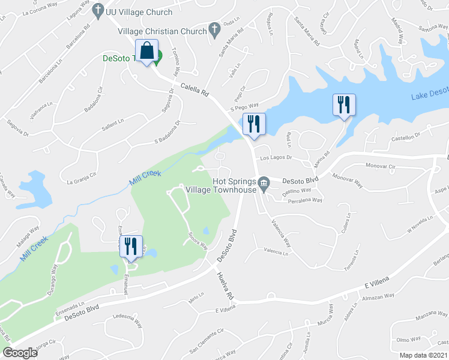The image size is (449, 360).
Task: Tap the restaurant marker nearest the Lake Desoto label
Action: (x=344, y=105)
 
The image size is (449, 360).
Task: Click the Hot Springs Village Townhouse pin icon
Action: (x=264, y=183)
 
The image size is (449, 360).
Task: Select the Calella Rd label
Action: (x=191, y=89)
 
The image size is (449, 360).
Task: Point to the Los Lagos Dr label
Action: (x=276, y=158)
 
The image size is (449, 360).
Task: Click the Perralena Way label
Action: (x=305, y=201)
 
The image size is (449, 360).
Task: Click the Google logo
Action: (x=20, y=353)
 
